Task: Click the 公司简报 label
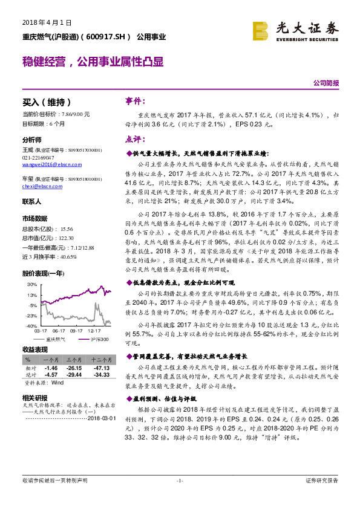pyautogui.click(x=326, y=83)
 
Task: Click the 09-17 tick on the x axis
pyautogui.click(x=77, y=331)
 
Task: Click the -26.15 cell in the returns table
pyautogui.click(x=74, y=368)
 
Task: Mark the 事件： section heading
pyautogui.click(x=134, y=102)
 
